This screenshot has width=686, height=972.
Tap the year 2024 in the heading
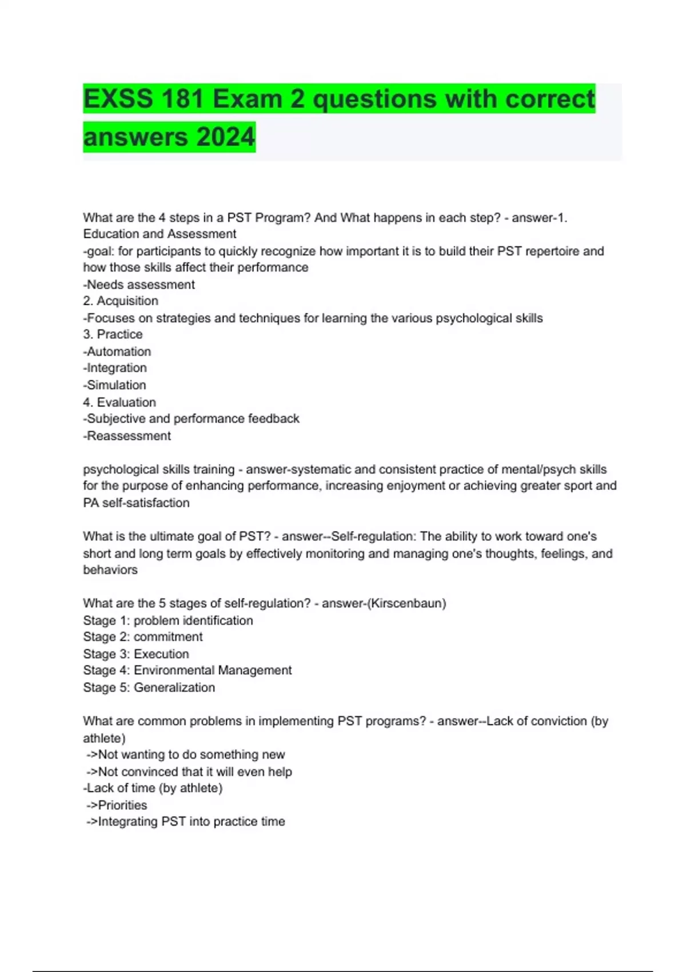click(x=226, y=137)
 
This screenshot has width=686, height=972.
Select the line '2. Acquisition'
click(x=121, y=301)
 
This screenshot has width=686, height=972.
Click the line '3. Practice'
click(x=113, y=334)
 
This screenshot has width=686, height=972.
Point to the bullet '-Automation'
click(x=117, y=352)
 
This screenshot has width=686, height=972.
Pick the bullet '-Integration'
click(x=115, y=368)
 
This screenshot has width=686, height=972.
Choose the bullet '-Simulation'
click(x=115, y=385)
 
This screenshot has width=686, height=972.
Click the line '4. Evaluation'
click(x=119, y=402)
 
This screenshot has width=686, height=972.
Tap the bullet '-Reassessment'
click(x=127, y=436)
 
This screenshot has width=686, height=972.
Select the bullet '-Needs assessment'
click(x=139, y=284)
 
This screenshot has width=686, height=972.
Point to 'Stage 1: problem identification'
click(x=168, y=620)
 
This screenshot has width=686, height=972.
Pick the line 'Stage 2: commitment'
click(x=143, y=637)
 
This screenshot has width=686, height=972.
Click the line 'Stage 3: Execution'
click(x=136, y=654)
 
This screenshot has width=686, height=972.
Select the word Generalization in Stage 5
click(x=174, y=687)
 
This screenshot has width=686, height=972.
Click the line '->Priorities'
click(x=117, y=805)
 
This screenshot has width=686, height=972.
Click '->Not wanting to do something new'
click(x=186, y=755)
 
